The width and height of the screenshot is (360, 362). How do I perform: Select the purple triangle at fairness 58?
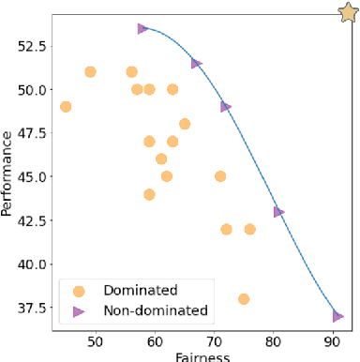(x=142, y=28)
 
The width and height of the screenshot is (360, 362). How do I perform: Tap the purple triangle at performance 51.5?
(x=196, y=64)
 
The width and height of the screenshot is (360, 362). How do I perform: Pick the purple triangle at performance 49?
(x=226, y=107)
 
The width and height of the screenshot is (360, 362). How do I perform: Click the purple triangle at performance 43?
(x=278, y=212)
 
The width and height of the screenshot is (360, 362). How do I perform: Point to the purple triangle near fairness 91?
(x=337, y=317)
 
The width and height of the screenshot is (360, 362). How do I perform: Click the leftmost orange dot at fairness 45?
(x=66, y=107)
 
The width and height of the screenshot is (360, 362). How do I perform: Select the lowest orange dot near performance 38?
(x=244, y=299)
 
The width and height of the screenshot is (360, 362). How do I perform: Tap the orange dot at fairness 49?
(x=90, y=72)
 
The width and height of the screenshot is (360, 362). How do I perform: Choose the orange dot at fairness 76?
(x=250, y=229)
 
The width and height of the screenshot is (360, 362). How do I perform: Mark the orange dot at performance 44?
(x=149, y=194)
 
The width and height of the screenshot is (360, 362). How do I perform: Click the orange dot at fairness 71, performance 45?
(x=220, y=176)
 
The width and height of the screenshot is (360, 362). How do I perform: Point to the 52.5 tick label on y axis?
(x=30, y=45)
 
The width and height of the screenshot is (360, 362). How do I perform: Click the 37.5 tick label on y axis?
(x=30, y=308)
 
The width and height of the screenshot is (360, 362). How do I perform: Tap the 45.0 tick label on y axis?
(x=30, y=176)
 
